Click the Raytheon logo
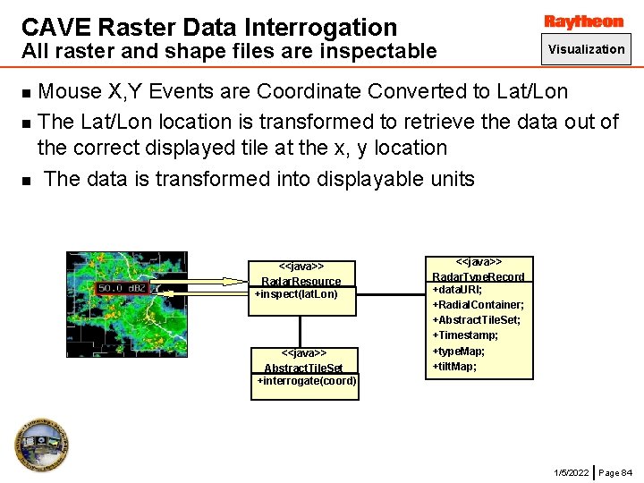click(584, 21)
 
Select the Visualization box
click(586, 49)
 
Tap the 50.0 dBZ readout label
click(122, 288)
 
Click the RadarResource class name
click(301, 281)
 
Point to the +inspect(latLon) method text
click(296, 293)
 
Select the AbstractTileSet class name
click(302, 368)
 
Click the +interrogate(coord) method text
click(307, 381)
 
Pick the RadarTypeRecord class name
click(479, 276)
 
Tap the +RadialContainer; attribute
click(478, 305)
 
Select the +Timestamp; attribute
click(465, 335)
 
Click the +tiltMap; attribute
click(454, 366)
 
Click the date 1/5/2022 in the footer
click(572, 471)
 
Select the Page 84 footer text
click(614, 471)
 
